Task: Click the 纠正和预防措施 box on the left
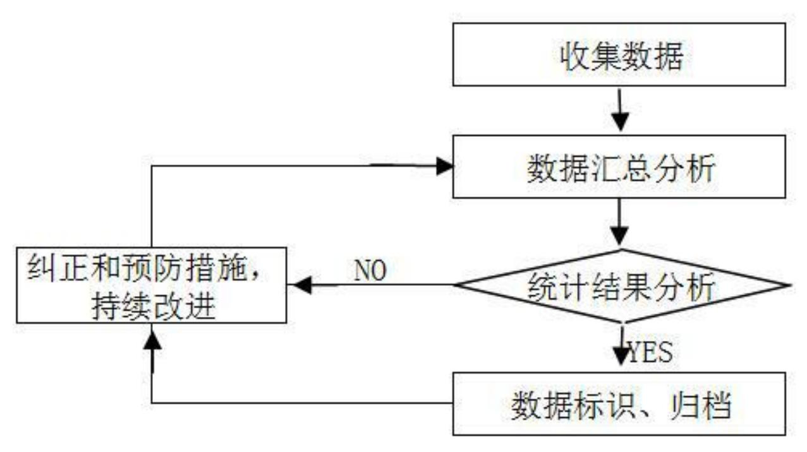tap(151, 286)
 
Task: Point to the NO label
tap(370, 271)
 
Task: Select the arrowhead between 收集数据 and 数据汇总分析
tap(622, 121)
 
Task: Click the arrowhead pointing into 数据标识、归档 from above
tap(622, 358)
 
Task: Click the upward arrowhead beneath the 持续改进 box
tap(152, 342)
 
